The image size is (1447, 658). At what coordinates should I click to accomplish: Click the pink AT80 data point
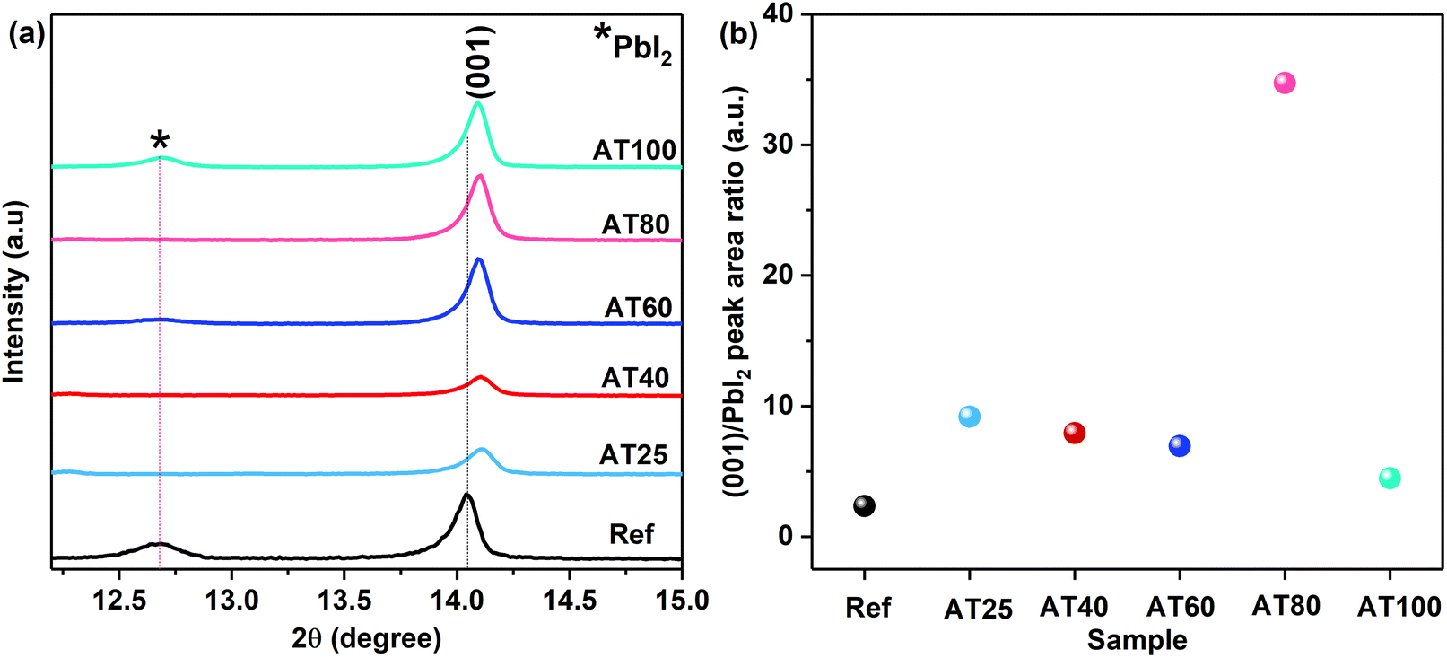point(1285,83)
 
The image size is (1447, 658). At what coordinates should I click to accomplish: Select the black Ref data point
point(864,506)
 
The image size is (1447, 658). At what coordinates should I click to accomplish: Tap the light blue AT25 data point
point(969,417)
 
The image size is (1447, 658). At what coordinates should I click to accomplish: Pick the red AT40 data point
point(1074,434)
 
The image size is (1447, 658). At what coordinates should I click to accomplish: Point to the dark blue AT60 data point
point(1180,446)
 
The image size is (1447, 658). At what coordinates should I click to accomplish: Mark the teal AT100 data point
point(1390,478)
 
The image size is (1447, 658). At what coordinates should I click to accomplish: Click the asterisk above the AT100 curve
point(160,140)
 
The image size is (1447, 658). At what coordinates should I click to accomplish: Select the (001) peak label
point(480,61)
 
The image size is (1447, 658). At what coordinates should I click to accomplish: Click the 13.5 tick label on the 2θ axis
point(345,601)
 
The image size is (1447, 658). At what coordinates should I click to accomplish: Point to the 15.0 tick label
point(682,601)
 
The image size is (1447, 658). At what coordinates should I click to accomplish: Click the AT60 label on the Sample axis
point(1180,608)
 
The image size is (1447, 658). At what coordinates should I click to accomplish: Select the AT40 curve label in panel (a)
point(635,378)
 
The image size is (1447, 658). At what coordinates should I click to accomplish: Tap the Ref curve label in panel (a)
point(632,535)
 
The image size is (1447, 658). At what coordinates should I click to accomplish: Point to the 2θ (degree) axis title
point(366,638)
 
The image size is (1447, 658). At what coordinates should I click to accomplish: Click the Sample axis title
point(1137,640)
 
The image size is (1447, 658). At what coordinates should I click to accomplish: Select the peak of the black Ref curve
point(466,496)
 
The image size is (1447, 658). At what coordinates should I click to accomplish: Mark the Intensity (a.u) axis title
point(14,291)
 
